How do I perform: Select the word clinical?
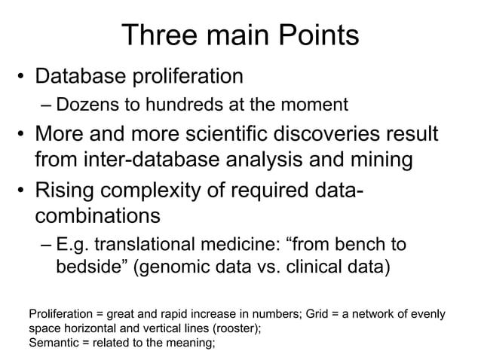tap(319, 268)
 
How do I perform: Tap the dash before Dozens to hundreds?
tap(47, 104)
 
